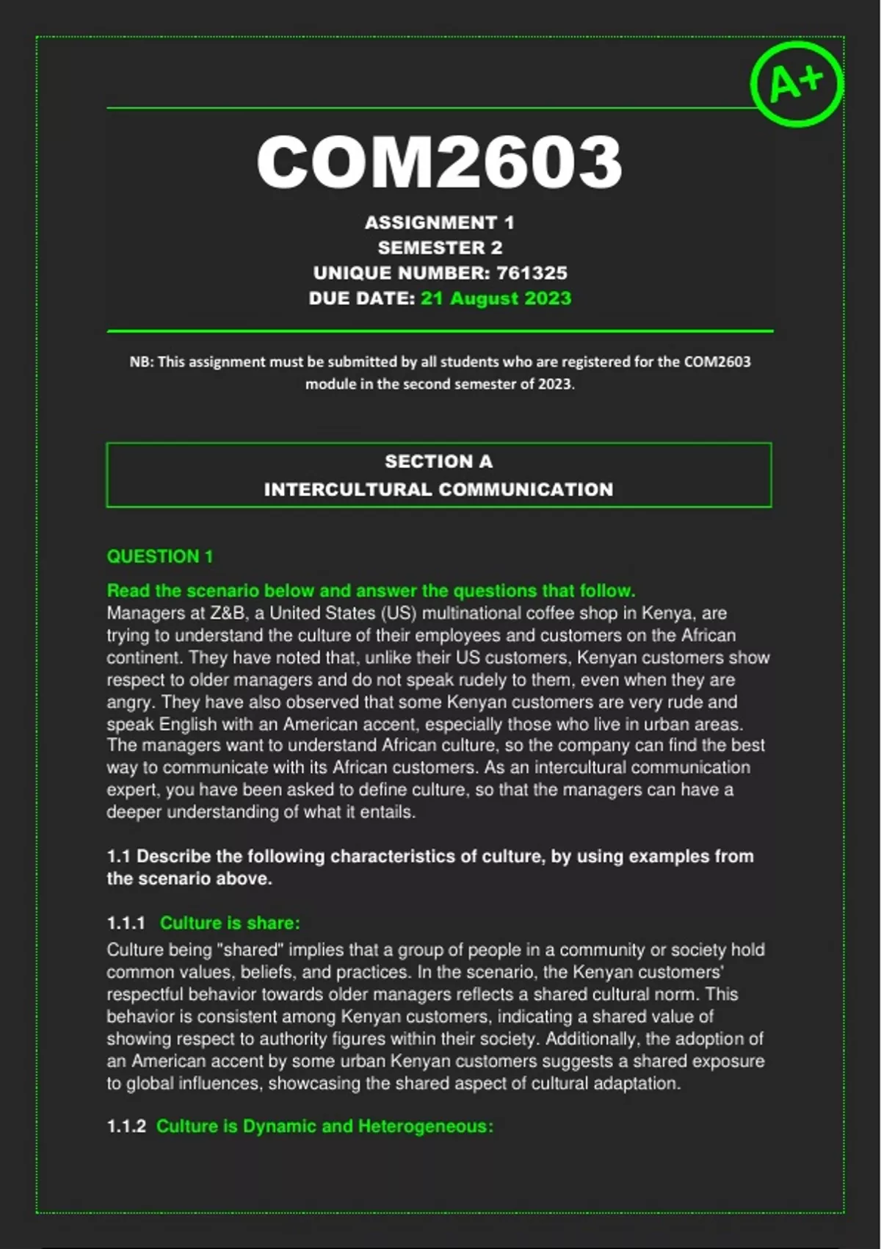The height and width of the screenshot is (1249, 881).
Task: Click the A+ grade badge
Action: pyautogui.click(x=797, y=82)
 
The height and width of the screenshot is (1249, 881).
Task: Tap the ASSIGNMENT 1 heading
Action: pyautogui.click(x=439, y=223)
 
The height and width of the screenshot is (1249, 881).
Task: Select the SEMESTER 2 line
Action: pyautogui.click(x=440, y=248)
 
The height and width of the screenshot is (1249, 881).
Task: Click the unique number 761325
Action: pyautogui.click(x=532, y=273)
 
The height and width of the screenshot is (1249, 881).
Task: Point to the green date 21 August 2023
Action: pyautogui.click(x=496, y=298)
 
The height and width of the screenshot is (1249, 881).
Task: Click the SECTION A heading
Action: pyautogui.click(x=438, y=461)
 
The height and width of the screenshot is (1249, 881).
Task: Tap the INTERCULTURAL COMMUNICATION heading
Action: pyautogui.click(x=438, y=489)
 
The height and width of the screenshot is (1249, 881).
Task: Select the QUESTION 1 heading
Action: pyautogui.click(x=159, y=556)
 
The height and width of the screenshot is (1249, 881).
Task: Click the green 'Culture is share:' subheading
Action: pyautogui.click(x=230, y=923)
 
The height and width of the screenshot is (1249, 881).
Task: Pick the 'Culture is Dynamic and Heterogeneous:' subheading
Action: pyautogui.click(x=325, y=1126)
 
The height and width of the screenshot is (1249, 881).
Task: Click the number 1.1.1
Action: pyautogui.click(x=126, y=923)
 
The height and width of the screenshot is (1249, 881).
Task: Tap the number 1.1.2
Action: pyautogui.click(x=126, y=1126)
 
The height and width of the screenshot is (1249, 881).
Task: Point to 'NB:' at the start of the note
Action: pyautogui.click(x=141, y=361)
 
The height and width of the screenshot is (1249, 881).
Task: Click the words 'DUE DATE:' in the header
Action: pyautogui.click(x=362, y=298)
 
